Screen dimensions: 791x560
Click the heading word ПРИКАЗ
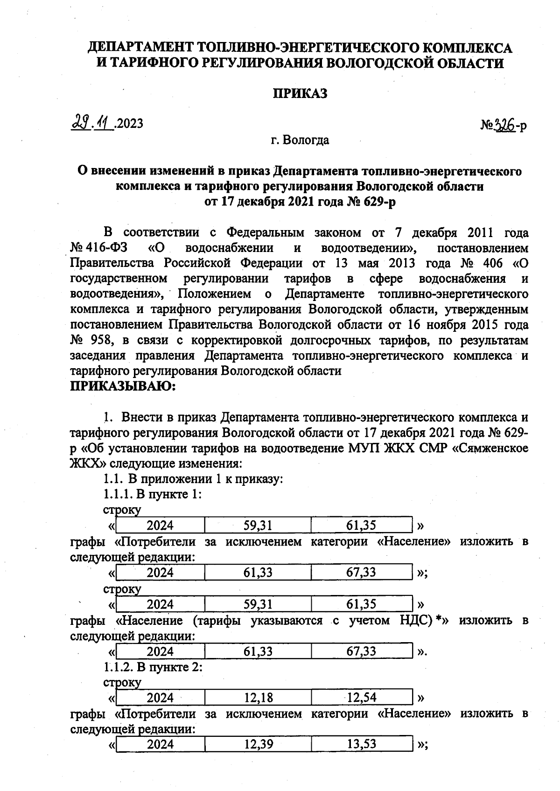pyautogui.click(x=300, y=93)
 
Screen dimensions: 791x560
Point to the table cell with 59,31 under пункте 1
pyautogui.click(x=258, y=525)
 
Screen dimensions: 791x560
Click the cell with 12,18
pyautogui.click(x=258, y=698)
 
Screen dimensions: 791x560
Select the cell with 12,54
pyautogui.click(x=361, y=698)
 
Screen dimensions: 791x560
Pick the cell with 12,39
pyautogui.click(x=258, y=744)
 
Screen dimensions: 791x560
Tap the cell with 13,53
pyautogui.click(x=361, y=744)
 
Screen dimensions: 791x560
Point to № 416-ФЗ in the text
pyautogui.click(x=100, y=248)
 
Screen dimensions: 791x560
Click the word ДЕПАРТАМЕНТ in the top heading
pyautogui.click(x=141, y=48)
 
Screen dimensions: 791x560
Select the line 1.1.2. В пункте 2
pyautogui.click(x=153, y=667)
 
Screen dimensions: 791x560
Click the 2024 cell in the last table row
pyautogui.click(x=160, y=744)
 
